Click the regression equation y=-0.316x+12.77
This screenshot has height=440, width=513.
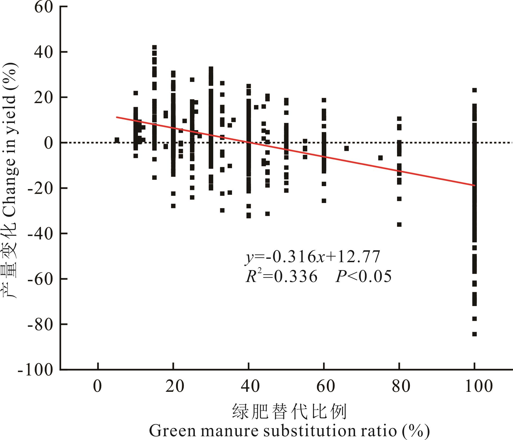click(312, 257)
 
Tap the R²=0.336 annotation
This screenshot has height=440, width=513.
click(282, 276)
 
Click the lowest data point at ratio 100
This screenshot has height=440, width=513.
click(474, 334)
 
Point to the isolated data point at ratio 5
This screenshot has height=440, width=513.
click(117, 140)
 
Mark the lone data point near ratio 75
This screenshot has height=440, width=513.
click(380, 158)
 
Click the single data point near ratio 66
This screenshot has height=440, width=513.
click(346, 148)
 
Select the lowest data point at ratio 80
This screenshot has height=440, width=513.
click(399, 224)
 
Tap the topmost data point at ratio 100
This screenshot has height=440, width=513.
click(474, 90)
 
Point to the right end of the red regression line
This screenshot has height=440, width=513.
click(474, 185)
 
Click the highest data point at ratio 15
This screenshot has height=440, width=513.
click(154, 47)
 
